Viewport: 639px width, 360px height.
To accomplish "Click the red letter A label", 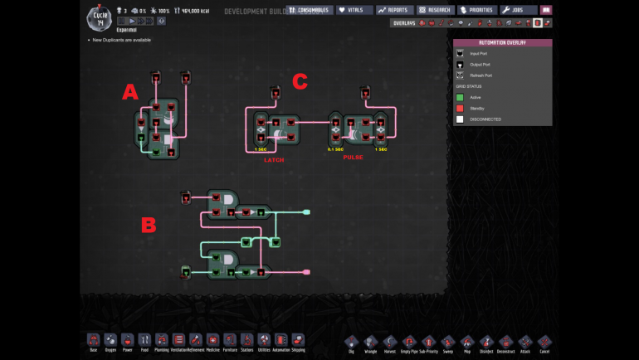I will click(129, 92).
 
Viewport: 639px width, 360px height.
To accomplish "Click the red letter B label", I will click(149, 225).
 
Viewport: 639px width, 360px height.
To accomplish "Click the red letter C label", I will click(300, 81).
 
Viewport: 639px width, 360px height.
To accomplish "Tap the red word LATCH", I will click(274, 159).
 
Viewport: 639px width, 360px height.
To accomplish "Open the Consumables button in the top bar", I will click(309, 10).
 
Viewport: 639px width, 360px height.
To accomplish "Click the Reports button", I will click(394, 10).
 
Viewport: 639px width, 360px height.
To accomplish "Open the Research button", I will click(435, 10).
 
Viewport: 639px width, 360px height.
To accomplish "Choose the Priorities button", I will click(477, 10).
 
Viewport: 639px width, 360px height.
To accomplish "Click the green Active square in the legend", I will click(459, 97).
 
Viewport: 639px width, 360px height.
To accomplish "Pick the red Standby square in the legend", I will click(459, 108).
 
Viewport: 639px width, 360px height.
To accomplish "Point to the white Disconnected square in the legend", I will click(459, 119).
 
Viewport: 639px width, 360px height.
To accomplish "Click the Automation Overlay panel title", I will click(502, 42).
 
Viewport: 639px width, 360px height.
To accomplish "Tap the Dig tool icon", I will click(351, 341).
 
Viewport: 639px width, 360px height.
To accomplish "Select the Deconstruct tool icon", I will click(506, 341).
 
